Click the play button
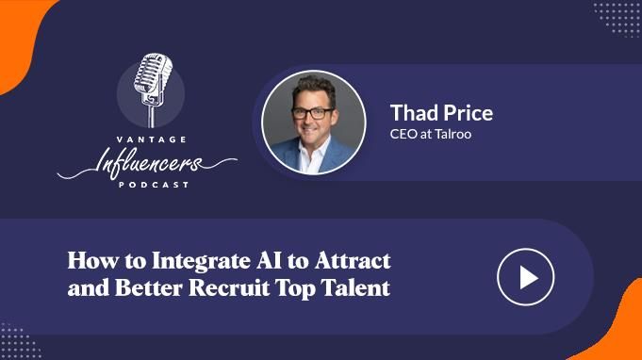(526, 277)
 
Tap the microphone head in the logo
(153, 73)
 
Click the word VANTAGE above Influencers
(152, 139)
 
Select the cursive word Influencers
(147, 163)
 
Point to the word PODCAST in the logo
(154, 185)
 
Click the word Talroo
(453, 134)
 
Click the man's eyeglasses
(312, 113)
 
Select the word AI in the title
(269, 261)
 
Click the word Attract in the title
(353, 261)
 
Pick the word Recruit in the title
(229, 287)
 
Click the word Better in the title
(148, 287)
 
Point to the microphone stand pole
(152, 116)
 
